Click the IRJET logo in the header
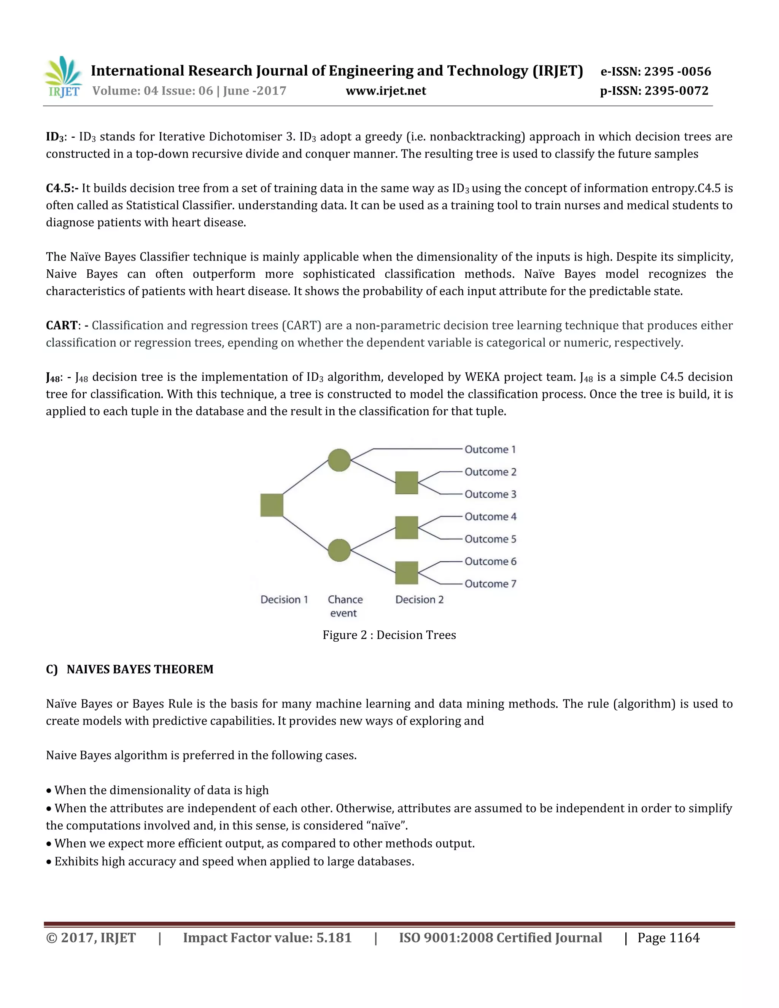tap(63, 77)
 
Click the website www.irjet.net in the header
tap(386, 91)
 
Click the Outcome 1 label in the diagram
tap(490, 450)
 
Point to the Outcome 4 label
tap(490, 517)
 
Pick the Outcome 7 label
tap(490, 584)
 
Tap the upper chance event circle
tap(339, 460)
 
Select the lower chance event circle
tap(339, 550)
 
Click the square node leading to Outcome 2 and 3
tap(407, 483)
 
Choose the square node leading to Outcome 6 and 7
tap(407, 573)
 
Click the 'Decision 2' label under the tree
tap(419, 599)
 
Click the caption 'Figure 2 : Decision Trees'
tap(389, 635)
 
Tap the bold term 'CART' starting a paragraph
tap(61, 325)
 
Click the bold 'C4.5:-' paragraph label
tap(62, 188)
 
